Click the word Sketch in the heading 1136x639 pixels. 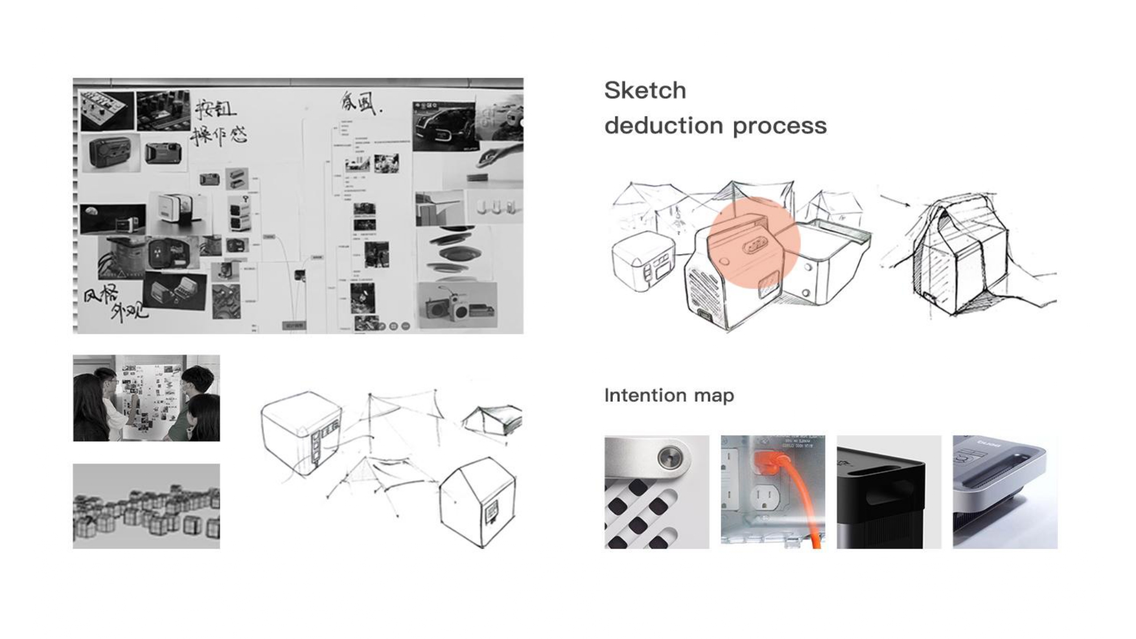tap(645, 90)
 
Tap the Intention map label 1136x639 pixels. tap(669, 395)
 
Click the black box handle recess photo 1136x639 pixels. tap(888, 492)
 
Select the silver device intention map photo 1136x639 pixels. tap(1004, 492)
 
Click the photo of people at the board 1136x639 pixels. tap(146, 398)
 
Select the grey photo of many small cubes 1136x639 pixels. tap(146, 506)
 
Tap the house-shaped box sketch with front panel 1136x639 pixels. tap(478, 500)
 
